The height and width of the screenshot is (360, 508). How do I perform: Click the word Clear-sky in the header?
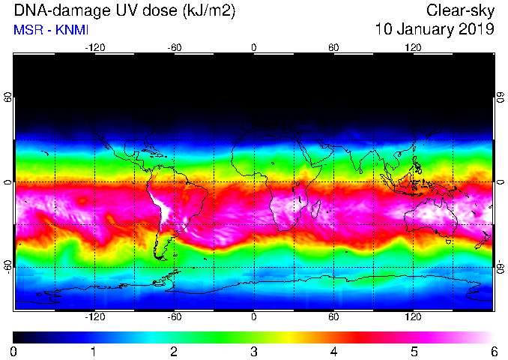tap(460, 10)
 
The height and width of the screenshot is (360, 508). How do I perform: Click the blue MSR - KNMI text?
tap(51, 30)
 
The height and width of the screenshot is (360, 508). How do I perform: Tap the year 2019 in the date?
tap(477, 28)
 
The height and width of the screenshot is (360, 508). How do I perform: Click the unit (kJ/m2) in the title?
tap(209, 10)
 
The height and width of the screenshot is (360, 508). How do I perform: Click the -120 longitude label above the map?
tap(95, 48)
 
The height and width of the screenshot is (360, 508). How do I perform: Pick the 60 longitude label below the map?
tap(333, 316)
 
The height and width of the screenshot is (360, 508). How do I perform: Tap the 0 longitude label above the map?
tap(254, 48)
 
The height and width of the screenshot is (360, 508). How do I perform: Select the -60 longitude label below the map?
tap(175, 316)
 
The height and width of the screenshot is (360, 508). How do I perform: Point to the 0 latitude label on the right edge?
tap(501, 182)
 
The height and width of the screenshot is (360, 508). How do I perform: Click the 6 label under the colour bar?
tap(494, 352)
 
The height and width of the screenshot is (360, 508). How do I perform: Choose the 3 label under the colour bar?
tap(254, 352)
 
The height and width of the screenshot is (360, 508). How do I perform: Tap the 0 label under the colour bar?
tap(13, 352)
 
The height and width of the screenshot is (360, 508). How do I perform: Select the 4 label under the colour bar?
tap(333, 352)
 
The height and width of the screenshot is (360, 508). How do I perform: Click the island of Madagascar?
tap(316, 209)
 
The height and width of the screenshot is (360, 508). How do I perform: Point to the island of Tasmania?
tap(449, 241)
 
